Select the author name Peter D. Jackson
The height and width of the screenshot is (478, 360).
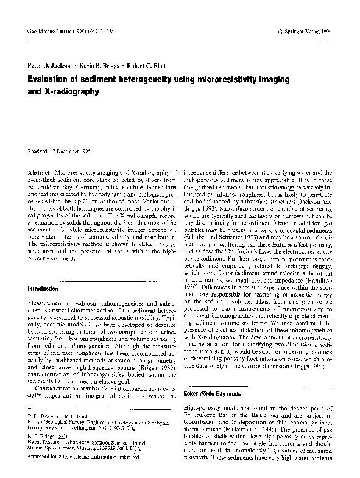click(x=52, y=65)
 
